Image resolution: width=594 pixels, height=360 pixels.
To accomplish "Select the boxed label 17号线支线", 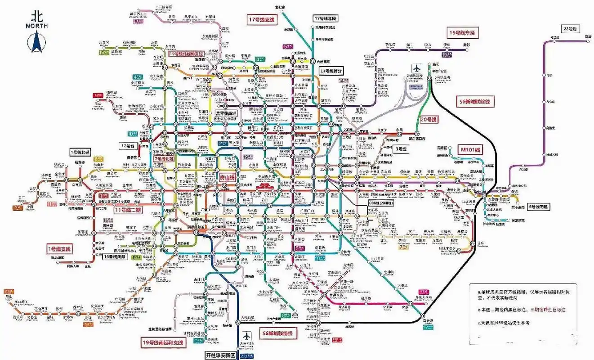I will coord(262,20).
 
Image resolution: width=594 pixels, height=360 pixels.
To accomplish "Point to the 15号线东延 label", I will coord(463,32).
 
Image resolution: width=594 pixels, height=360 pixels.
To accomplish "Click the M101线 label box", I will coord(469,149).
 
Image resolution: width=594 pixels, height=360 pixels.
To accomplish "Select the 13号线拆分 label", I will coord(330,71).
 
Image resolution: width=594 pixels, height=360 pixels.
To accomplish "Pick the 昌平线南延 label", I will coord(227,113).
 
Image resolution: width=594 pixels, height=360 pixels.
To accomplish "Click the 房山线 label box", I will coord(227,178).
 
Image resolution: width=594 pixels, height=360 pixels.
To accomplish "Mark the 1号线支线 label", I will coord(60,248).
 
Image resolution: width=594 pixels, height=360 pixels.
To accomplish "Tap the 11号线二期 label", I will coord(128,210).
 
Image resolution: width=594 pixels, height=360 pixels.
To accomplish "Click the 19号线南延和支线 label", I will coord(163,342).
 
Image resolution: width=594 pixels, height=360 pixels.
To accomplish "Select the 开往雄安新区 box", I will coord(220,354).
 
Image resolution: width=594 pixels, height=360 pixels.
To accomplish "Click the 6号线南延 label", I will coord(538,207).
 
